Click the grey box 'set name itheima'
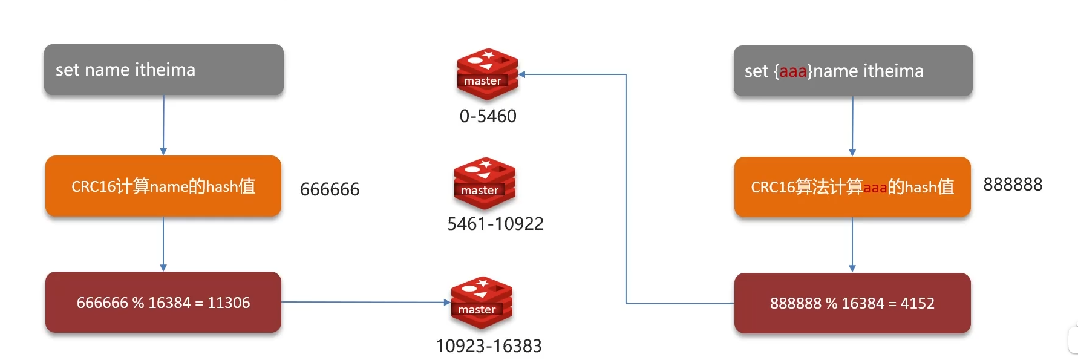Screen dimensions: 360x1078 click(163, 70)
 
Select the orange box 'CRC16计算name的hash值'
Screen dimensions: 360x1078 click(163, 186)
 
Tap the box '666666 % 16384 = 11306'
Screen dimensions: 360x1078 click(163, 303)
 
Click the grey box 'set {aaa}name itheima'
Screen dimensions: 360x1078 click(853, 71)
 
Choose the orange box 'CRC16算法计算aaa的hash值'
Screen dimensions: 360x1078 click(852, 187)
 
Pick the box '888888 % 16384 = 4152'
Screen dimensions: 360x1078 click(852, 303)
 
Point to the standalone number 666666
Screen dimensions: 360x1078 click(330, 189)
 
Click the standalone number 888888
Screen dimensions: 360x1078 click(1013, 185)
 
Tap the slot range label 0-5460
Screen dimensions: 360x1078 click(488, 116)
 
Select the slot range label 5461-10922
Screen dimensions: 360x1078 click(495, 224)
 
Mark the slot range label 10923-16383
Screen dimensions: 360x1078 click(489, 346)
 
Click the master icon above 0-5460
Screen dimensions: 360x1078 click(487, 74)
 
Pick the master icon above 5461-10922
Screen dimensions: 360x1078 click(485, 183)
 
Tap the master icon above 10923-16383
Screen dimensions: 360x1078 click(482, 303)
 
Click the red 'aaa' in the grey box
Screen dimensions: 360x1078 click(792, 71)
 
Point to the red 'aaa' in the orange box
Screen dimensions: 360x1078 click(875, 188)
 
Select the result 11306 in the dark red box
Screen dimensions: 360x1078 click(229, 303)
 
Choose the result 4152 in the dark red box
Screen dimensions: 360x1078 click(917, 303)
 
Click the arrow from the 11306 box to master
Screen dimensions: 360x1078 click(365, 302)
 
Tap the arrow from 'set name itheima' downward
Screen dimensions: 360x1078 click(163, 125)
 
